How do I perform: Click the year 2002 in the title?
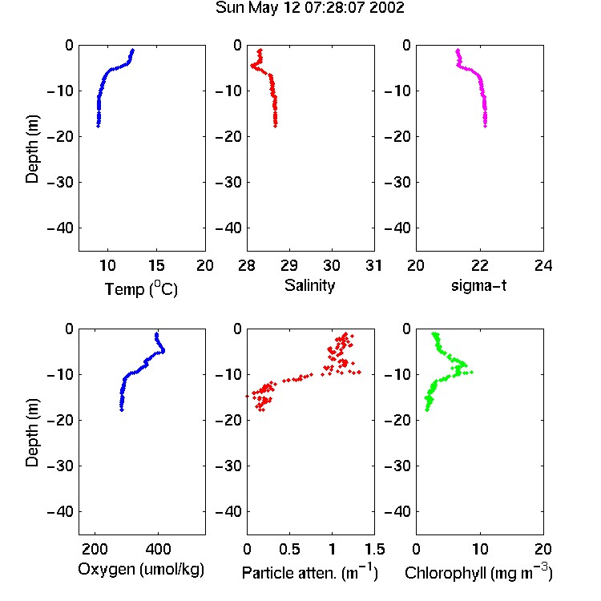(x=386, y=8)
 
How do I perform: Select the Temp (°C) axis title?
(x=141, y=288)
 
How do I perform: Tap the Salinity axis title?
(x=309, y=285)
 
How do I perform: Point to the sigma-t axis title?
(x=478, y=285)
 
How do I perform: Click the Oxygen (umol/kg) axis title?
(x=141, y=569)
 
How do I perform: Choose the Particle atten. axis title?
(x=310, y=572)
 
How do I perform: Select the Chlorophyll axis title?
(x=478, y=572)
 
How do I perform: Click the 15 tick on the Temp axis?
(x=156, y=265)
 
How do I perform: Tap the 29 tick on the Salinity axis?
(x=289, y=265)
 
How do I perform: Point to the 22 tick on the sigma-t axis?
(x=479, y=265)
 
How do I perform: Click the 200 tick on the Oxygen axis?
(x=95, y=549)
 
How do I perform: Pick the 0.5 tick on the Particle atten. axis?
(x=289, y=549)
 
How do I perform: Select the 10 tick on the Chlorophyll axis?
(x=479, y=549)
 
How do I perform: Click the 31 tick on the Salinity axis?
(x=374, y=265)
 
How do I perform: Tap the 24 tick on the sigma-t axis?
(x=543, y=265)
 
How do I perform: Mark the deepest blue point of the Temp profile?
(x=98, y=126)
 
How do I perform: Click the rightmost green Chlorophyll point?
(x=471, y=372)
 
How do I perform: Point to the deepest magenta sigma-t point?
(x=486, y=126)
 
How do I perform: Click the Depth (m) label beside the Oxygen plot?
(x=32, y=433)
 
